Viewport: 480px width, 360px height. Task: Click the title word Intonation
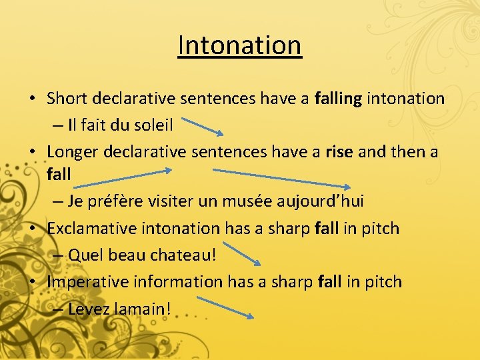(240, 45)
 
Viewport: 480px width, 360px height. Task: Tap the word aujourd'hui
(326, 201)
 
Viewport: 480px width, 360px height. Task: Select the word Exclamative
(93, 228)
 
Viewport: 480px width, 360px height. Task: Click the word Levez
(89, 309)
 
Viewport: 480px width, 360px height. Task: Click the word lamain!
(141, 309)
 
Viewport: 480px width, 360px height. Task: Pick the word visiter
(179, 201)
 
